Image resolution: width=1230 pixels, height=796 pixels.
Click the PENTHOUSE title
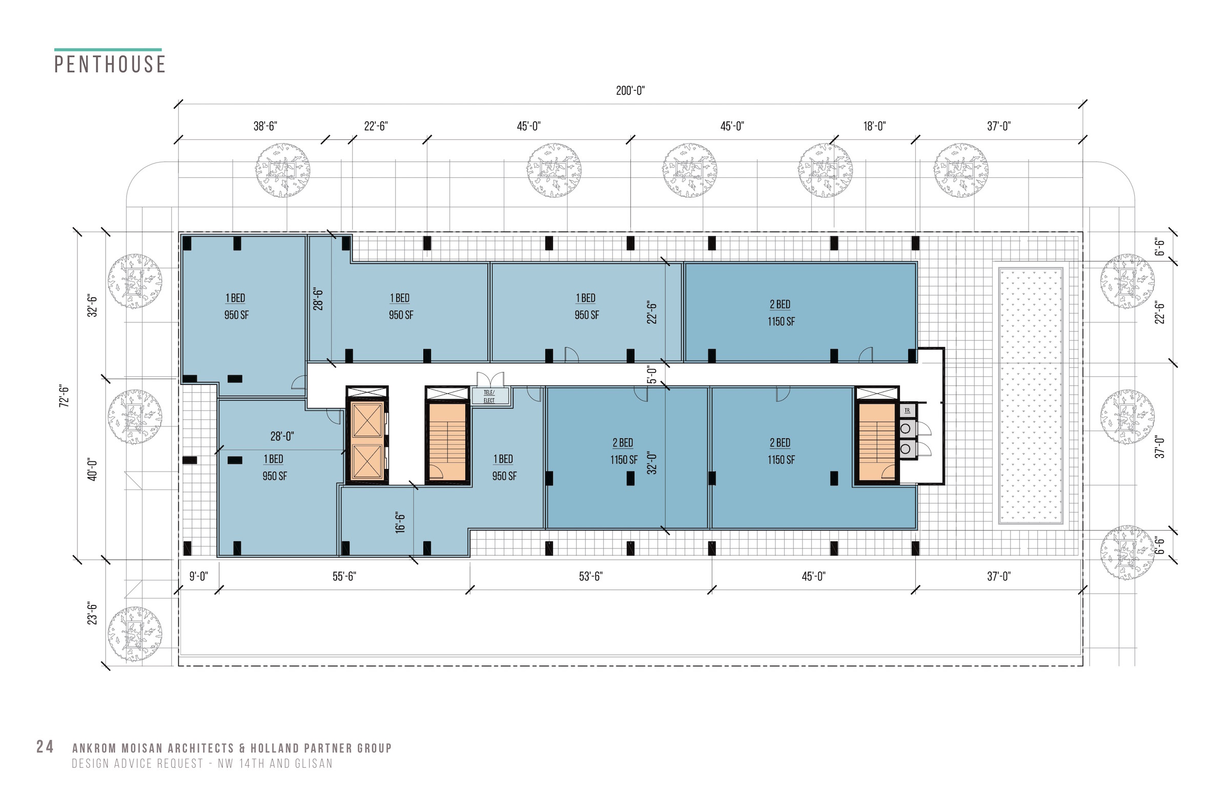[x=110, y=64]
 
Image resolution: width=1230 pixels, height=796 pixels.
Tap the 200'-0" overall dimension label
[x=630, y=90]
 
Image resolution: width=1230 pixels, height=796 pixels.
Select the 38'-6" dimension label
[x=265, y=126]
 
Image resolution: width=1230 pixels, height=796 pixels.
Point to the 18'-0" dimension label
[x=874, y=126]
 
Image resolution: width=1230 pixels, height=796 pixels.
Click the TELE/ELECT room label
[x=489, y=396]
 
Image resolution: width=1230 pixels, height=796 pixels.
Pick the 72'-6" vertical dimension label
[x=64, y=395]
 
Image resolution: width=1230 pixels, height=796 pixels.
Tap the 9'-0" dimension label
[x=198, y=576]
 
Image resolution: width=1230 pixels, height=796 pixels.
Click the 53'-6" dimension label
[x=591, y=576]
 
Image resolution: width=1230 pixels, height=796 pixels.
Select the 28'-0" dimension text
[x=282, y=436]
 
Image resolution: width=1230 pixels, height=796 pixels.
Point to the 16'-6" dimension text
[x=400, y=523]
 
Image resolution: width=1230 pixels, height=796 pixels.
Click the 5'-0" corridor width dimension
[x=652, y=375]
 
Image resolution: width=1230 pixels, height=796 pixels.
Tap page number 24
[x=45, y=746]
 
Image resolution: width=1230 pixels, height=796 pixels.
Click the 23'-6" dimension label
[x=92, y=613]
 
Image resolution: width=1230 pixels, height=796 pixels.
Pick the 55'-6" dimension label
[x=344, y=576]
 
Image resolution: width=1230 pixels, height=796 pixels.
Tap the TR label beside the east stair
[x=907, y=411]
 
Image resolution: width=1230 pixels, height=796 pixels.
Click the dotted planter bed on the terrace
[x=1031, y=396]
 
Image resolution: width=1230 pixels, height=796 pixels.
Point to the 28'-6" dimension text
[x=318, y=299]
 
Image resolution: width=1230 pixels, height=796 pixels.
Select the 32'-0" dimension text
[x=652, y=463]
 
